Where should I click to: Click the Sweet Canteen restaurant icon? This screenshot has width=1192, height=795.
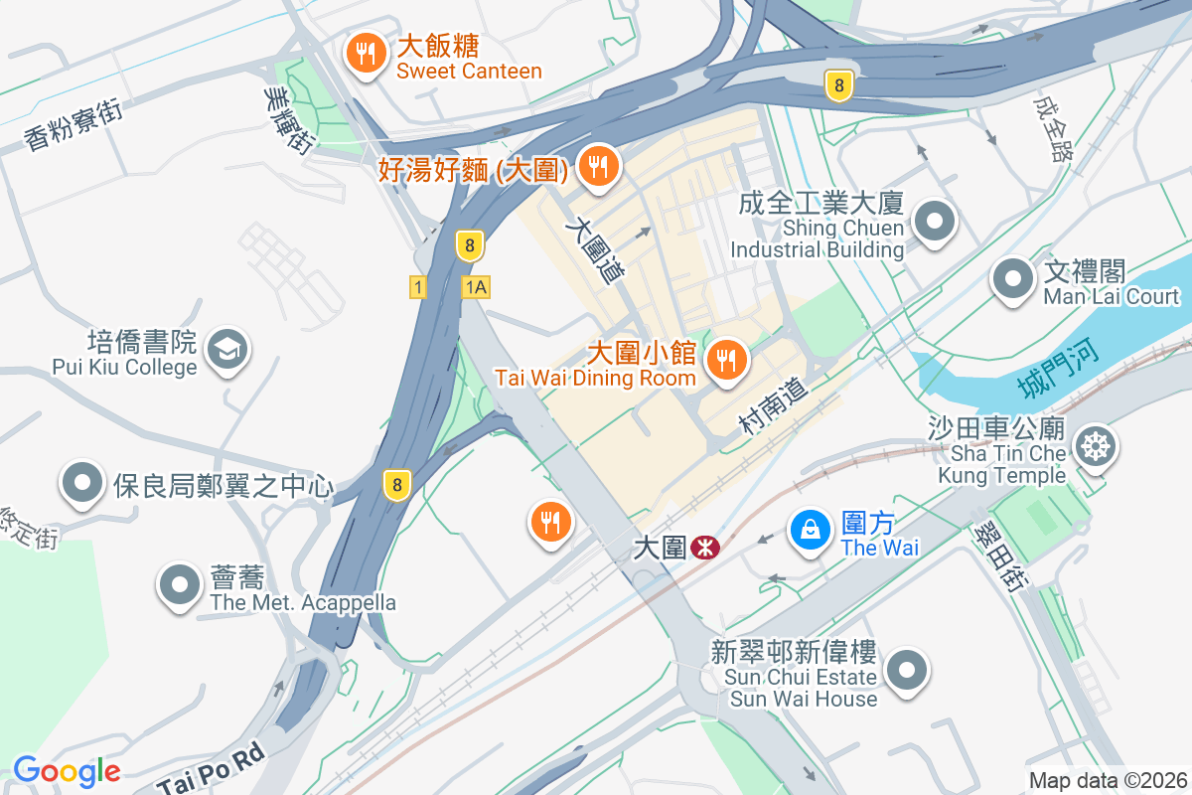point(367,54)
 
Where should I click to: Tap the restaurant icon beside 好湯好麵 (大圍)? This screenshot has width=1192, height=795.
point(597,167)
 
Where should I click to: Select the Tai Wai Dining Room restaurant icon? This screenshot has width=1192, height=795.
point(727,360)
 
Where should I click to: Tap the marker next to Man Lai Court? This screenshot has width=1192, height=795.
point(1012,277)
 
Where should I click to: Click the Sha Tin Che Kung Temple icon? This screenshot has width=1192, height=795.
point(1097,446)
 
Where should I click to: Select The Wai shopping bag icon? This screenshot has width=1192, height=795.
point(811,530)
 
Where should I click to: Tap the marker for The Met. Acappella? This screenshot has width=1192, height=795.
point(180,584)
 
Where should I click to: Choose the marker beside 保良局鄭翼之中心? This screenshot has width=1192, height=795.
point(82,484)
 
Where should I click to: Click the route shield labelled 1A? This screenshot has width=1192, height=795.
point(476,287)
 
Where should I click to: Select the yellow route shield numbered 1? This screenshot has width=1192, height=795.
point(418,287)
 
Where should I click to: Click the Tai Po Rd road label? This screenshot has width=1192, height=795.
point(213,769)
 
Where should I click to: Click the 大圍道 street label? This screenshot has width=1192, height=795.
point(595,251)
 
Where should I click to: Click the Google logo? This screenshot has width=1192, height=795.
point(67,771)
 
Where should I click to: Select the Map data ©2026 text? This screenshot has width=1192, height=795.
point(1107,780)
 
